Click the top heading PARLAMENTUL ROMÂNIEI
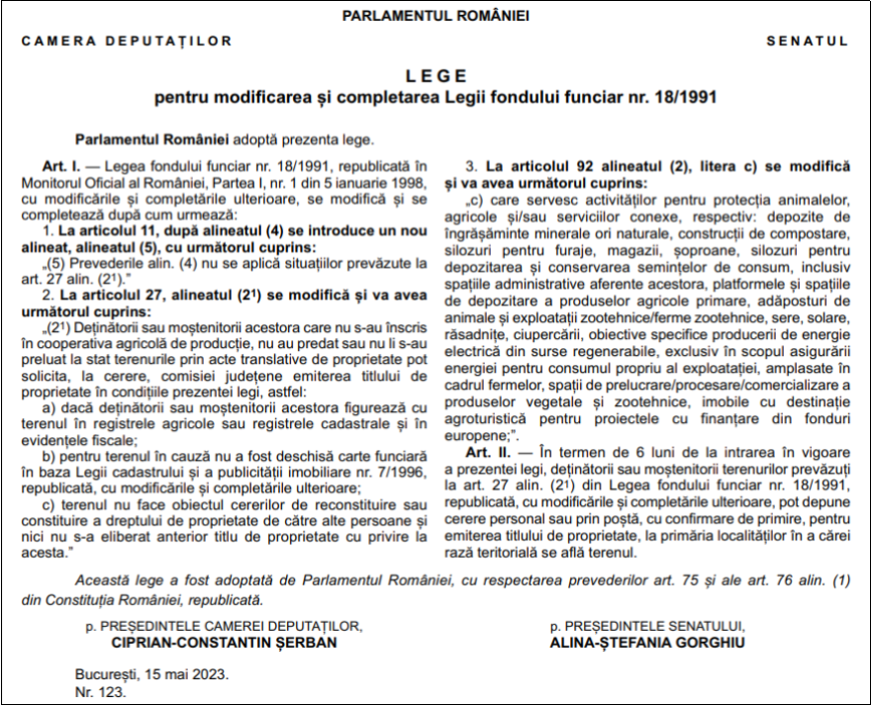(x=435, y=16)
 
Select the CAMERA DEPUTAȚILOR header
(x=127, y=42)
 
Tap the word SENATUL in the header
(x=807, y=42)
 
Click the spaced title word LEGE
(x=435, y=76)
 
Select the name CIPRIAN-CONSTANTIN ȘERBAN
(x=224, y=642)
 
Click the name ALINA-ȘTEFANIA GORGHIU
(x=647, y=642)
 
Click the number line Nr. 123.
(x=101, y=691)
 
